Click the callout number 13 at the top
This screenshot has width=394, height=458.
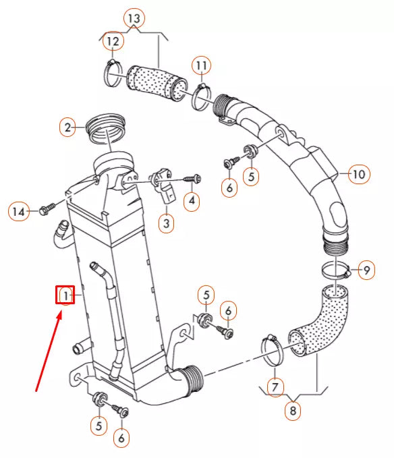pyautogui.click(x=134, y=18)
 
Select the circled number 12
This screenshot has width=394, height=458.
pyautogui.click(x=113, y=41)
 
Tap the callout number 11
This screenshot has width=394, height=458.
pyautogui.click(x=201, y=65)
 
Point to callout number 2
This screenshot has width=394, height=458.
pyautogui.click(x=67, y=127)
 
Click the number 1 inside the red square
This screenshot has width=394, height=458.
pyautogui.click(x=65, y=295)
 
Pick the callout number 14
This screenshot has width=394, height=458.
pyautogui.click(x=19, y=211)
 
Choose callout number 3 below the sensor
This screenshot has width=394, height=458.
pyautogui.click(x=167, y=223)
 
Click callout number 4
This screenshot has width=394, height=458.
pyautogui.click(x=192, y=200)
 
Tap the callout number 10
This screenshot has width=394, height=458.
pyautogui.click(x=359, y=174)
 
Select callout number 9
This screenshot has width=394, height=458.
pyautogui.click(x=366, y=270)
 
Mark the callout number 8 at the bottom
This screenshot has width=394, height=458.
pyautogui.click(x=293, y=411)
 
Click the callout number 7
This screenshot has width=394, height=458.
pyautogui.click(x=275, y=387)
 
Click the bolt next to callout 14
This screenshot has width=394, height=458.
pyautogui.click(x=47, y=208)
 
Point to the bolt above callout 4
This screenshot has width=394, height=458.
pyautogui.click(x=192, y=179)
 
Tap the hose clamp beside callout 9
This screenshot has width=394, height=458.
pyautogui.click(x=336, y=270)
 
